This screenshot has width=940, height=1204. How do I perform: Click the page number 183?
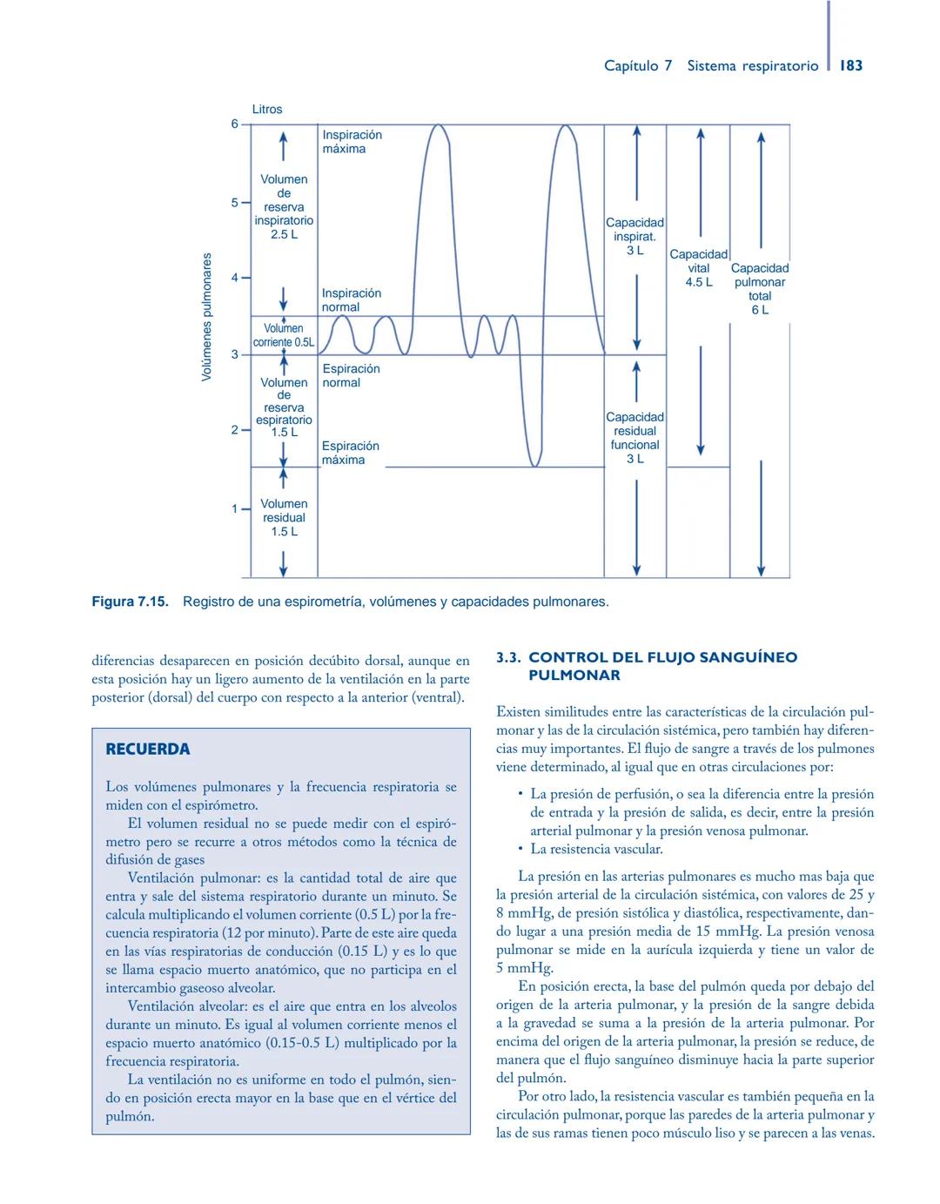tap(851, 65)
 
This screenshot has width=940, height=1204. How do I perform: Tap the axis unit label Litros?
tap(267, 110)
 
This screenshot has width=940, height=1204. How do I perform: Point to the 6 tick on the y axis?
tap(234, 124)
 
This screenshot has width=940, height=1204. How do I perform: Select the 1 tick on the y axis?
tap(234, 508)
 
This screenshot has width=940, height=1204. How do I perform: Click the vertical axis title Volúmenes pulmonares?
tap(206, 317)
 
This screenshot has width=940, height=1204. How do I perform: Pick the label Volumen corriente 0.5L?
tap(284, 335)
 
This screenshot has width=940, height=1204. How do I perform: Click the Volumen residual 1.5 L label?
tap(284, 517)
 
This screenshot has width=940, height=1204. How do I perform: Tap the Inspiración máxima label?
tap(352, 142)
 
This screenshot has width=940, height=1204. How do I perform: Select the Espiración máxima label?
tap(350, 453)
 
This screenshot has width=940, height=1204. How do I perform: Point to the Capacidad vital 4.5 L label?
tap(698, 268)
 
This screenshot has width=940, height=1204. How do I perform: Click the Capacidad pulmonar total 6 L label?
tap(760, 288)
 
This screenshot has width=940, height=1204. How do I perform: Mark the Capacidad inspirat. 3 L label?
tap(634, 236)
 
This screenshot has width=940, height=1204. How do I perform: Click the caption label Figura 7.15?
tap(130, 602)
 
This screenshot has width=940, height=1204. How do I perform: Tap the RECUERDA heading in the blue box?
tap(147, 749)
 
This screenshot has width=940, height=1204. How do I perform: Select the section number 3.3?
tap(508, 657)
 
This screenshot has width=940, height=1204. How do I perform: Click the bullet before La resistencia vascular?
tap(520, 849)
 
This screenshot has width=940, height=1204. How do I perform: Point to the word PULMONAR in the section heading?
tap(574, 676)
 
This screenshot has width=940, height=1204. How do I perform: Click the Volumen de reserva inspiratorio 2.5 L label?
tap(284, 207)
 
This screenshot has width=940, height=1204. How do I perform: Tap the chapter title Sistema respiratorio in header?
tap(752, 66)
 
